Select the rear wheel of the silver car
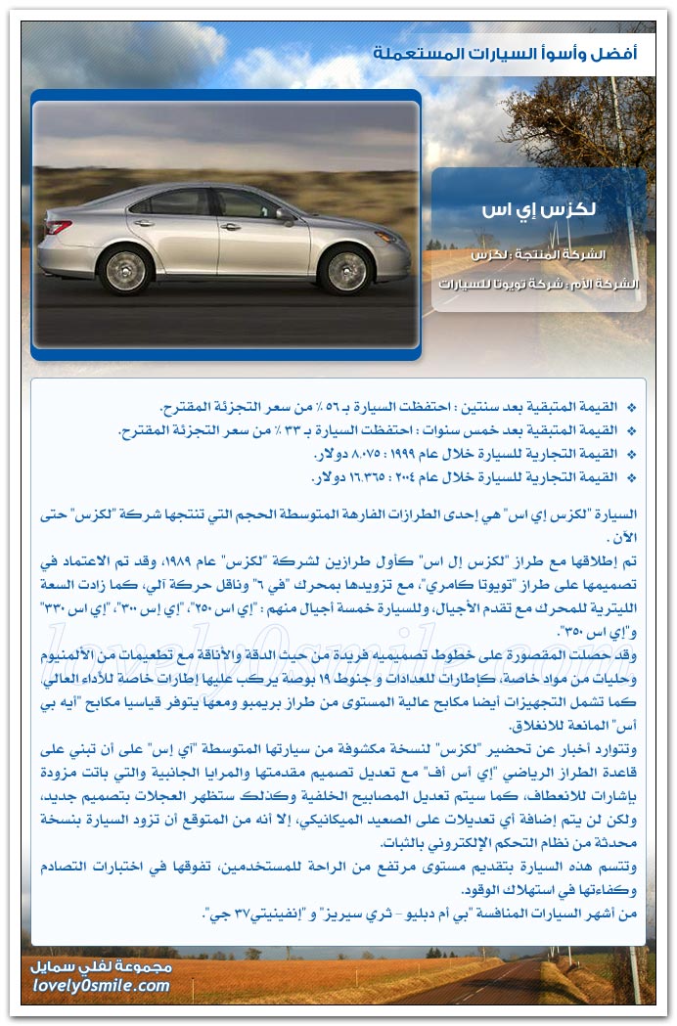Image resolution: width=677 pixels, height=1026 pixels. click(x=127, y=271)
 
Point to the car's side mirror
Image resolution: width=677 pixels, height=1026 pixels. click(x=284, y=214)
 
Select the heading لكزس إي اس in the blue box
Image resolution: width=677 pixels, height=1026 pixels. click(x=539, y=212)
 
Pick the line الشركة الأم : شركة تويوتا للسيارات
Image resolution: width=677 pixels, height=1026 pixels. click(x=540, y=285)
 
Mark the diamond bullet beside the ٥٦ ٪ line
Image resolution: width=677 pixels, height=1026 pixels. click(x=630, y=407)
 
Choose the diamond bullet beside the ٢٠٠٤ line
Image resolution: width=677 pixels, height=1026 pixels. click(x=630, y=478)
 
